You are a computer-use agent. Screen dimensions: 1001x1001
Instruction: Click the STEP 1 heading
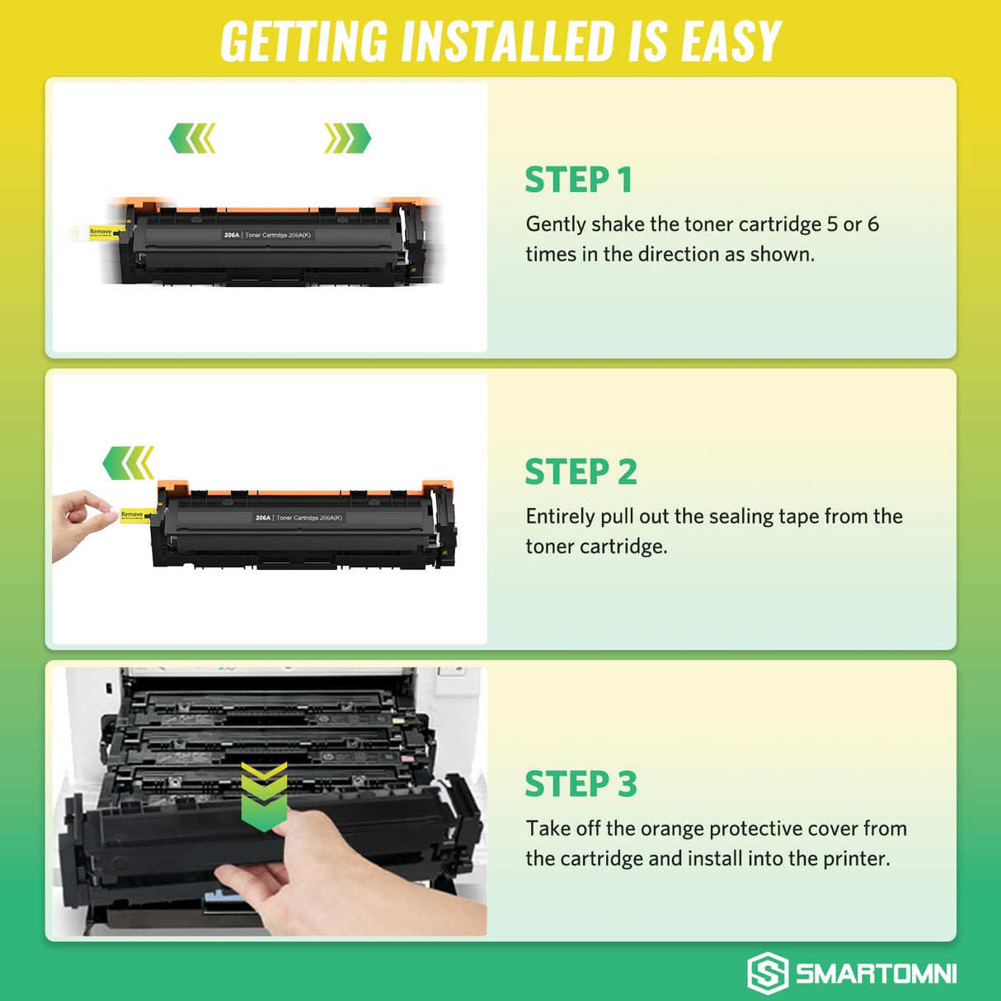[578, 180]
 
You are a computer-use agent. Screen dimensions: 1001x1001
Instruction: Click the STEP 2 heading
[580, 472]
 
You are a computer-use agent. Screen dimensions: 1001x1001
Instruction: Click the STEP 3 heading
[580, 783]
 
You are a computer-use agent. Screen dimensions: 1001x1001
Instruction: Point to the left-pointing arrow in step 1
[192, 139]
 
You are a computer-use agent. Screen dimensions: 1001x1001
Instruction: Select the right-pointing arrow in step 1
[347, 139]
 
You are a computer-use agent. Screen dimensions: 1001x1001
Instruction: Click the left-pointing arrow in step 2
[129, 463]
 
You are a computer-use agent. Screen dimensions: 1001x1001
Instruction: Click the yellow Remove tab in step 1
[101, 233]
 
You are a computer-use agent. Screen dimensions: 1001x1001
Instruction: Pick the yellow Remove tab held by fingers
[132, 515]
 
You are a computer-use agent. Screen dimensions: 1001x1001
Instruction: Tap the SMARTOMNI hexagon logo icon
[768, 973]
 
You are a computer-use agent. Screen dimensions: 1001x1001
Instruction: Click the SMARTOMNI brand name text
[876, 974]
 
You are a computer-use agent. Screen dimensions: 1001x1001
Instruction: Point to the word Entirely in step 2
[560, 517]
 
